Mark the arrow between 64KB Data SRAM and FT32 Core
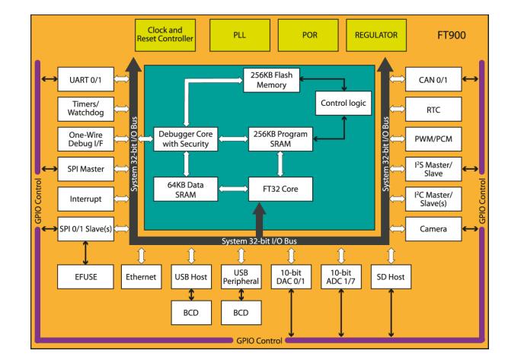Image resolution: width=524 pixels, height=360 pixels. click(x=233, y=189)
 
